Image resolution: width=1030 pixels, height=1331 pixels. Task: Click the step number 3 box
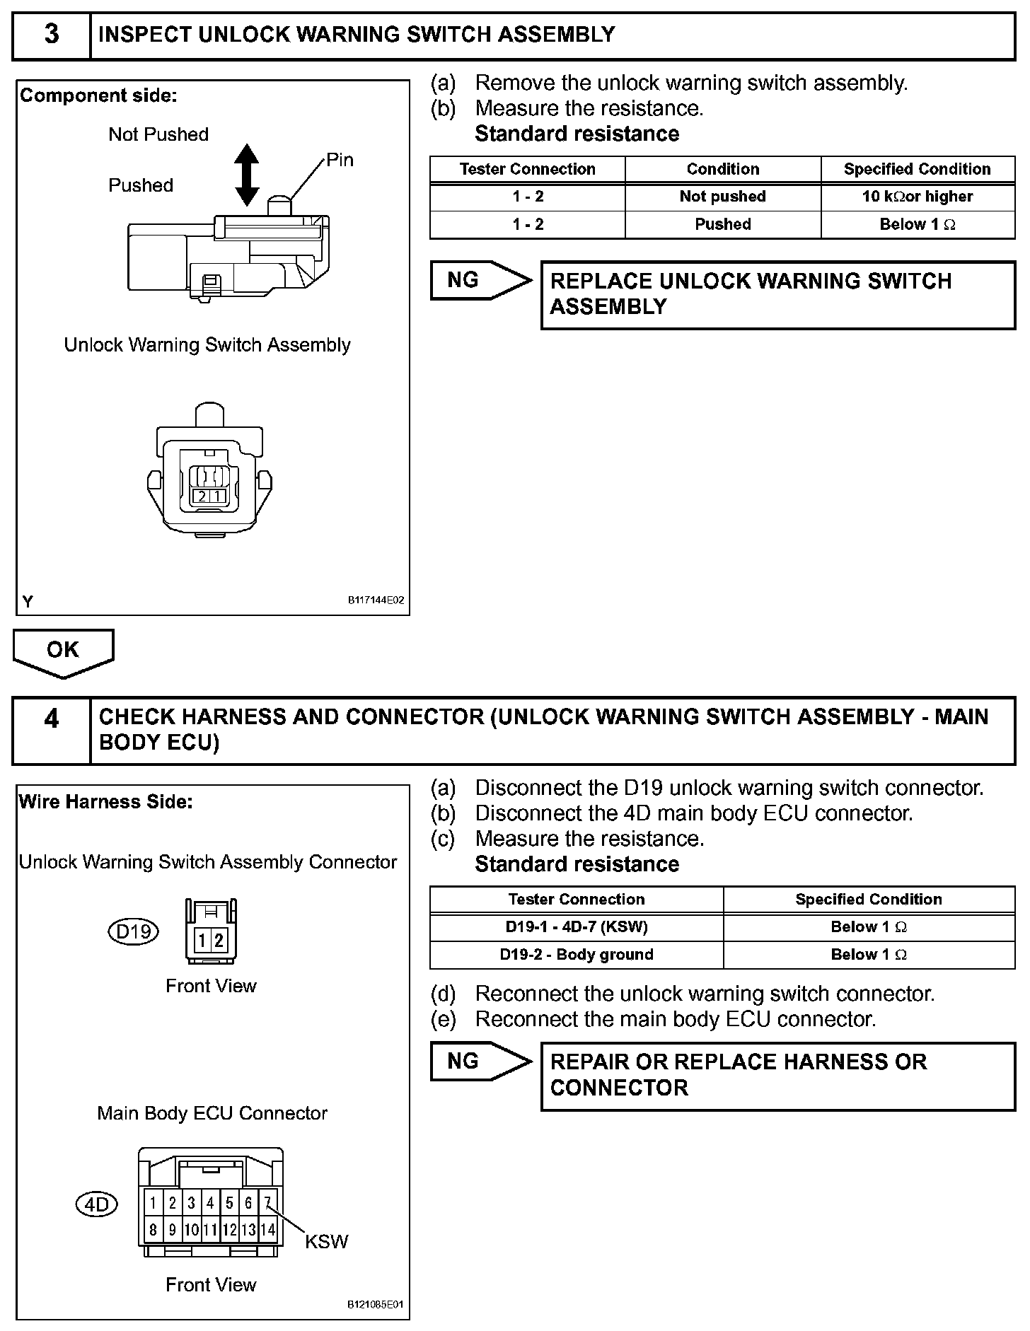click(x=52, y=35)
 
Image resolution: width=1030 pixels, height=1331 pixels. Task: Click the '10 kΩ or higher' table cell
click(x=918, y=197)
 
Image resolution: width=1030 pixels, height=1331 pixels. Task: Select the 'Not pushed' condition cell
click(x=722, y=197)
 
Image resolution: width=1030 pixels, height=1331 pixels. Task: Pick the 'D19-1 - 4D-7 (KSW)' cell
click(x=576, y=926)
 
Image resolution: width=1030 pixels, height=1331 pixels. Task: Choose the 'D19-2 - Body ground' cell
click(x=576, y=954)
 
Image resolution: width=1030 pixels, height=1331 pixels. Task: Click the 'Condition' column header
click(x=722, y=169)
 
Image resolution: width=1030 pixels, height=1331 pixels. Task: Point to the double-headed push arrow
click(x=246, y=175)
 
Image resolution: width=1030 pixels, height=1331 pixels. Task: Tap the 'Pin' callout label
click(x=340, y=160)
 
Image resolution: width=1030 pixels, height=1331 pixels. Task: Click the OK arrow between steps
click(x=63, y=652)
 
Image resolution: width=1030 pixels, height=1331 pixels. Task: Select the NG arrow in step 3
click(x=480, y=280)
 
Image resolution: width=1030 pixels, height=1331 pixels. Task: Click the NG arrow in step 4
click(x=480, y=1061)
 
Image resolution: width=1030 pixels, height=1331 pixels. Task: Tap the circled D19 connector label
click(x=133, y=931)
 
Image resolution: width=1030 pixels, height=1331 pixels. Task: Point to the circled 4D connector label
click(x=96, y=1204)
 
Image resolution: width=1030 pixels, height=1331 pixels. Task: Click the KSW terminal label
click(x=326, y=1242)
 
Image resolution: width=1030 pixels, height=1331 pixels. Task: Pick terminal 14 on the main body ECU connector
click(x=267, y=1230)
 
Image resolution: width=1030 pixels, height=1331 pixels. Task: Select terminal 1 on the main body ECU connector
click(x=153, y=1203)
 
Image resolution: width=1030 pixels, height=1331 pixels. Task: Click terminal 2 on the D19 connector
click(x=219, y=940)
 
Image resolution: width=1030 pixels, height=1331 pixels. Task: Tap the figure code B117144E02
click(x=376, y=601)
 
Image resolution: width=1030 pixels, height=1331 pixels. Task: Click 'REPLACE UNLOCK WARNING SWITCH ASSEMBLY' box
click(x=777, y=294)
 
